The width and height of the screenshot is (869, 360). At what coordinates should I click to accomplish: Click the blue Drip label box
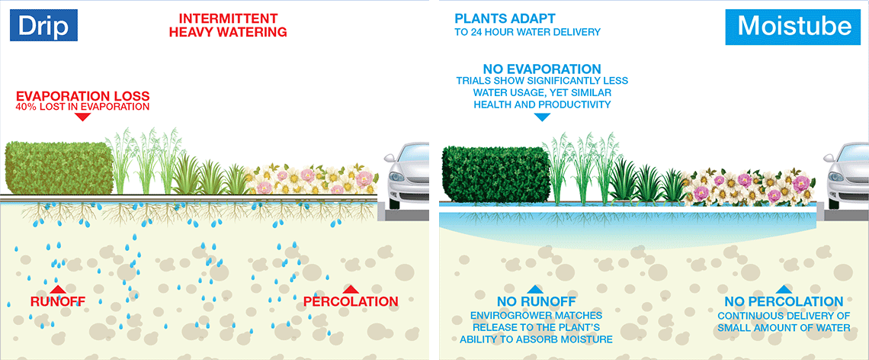[43, 25]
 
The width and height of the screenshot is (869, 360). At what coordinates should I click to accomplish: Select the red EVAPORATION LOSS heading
[82, 95]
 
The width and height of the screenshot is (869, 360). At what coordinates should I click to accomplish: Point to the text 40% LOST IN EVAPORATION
[82, 107]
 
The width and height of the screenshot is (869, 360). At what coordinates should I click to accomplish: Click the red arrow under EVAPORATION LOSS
[82, 117]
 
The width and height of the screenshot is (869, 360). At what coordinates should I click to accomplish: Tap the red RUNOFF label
[58, 302]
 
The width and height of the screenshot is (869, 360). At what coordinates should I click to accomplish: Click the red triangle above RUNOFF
[58, 289]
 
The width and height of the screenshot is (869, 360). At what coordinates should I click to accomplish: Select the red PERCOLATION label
[351, 302]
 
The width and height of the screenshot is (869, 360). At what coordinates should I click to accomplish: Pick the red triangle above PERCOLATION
[350, 289]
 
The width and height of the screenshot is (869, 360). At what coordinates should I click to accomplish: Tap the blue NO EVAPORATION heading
[542, 69]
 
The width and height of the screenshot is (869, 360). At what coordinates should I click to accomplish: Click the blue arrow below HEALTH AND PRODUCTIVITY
[542, 117]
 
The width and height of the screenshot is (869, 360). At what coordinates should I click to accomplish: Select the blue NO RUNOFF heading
[535, 302]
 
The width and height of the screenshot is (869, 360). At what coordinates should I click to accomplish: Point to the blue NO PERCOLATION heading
[784, 302]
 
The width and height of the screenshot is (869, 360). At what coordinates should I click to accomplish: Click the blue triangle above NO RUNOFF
[534, 289]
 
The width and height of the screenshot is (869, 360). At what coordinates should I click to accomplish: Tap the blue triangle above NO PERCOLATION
[783, 289]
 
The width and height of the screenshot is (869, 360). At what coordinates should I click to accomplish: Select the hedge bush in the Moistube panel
[496, 174]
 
